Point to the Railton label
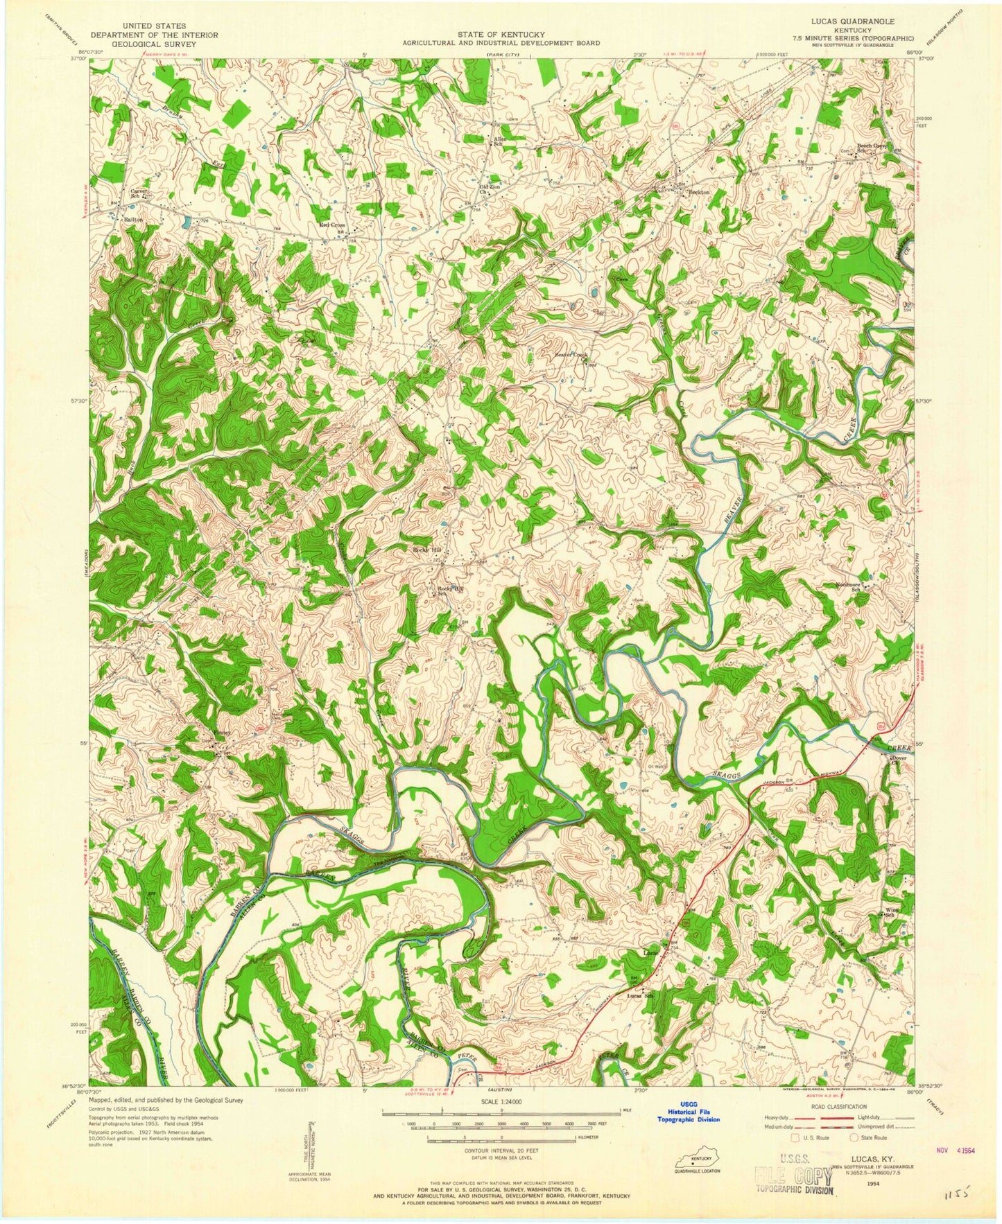(x=132, y=218)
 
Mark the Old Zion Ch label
(x=490, y=189)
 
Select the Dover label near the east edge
(x=899, y=758)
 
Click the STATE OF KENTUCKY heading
(x=501, y=34)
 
